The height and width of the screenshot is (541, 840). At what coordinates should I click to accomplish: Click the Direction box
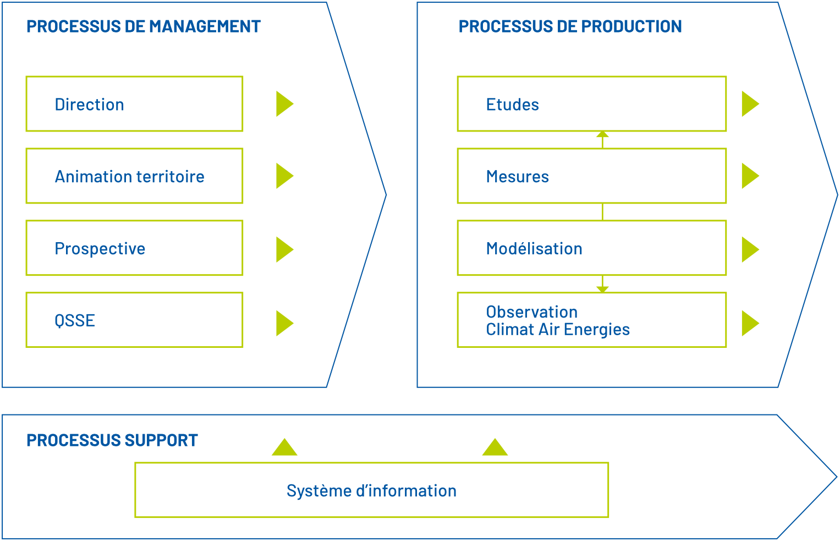(x=134, y=104)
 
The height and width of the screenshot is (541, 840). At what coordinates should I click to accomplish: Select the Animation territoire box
(x=134, y=176)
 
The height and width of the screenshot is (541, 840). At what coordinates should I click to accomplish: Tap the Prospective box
(x=134, y=248)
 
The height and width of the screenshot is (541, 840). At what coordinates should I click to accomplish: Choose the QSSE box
(x=134, y=320)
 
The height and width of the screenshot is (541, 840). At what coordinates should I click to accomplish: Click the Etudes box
(x=591, y=104)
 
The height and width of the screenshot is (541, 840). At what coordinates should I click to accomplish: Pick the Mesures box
(x=591, y=176)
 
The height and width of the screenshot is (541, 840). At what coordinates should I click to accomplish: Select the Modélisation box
(x=591, y=248)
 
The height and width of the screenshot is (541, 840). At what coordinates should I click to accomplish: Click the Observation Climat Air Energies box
(x=591, y=320)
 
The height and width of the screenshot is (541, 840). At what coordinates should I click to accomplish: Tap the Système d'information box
(x=372, y=490)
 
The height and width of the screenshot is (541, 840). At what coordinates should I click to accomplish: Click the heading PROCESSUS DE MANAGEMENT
(x=143, y=26)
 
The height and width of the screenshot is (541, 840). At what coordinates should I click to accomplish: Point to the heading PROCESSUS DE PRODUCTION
(x=570, y=26)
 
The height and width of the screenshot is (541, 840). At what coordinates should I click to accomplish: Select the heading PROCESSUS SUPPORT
(x=112, y=440)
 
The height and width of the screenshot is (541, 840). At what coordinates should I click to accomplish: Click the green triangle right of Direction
(x=283, y=104)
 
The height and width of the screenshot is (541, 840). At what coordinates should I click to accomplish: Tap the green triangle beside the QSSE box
(x=283, y=323)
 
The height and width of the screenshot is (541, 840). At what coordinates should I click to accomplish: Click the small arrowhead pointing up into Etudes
(x=602, y=134)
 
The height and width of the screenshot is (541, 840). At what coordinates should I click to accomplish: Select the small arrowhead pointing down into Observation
(x=602, y=289)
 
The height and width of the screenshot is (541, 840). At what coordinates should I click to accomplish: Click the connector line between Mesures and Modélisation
(x=602, y=212)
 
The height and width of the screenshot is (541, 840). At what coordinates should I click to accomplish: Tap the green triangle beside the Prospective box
(x=283, y=250)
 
